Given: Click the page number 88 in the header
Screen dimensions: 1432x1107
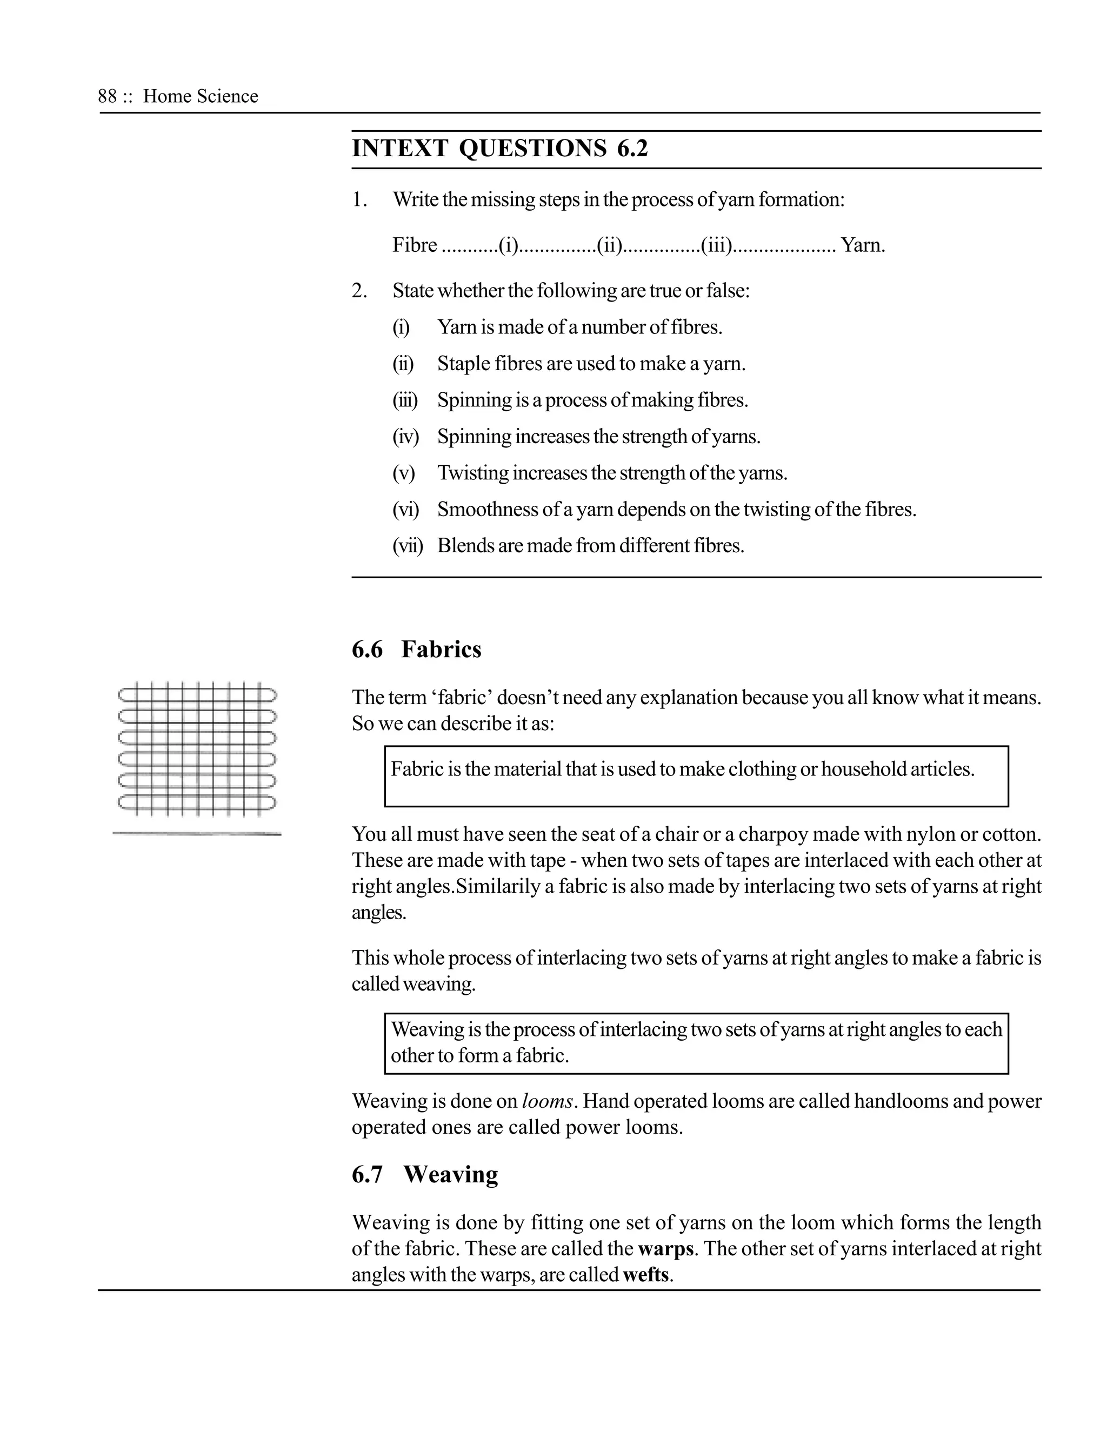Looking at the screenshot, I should [107, 96].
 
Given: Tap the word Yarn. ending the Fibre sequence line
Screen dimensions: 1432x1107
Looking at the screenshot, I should [863, 245].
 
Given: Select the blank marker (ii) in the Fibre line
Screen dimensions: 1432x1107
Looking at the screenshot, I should [610, 245].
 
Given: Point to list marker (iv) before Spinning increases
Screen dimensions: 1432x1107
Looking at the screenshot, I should [405, 437].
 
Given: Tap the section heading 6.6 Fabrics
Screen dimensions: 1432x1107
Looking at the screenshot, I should [416, 649].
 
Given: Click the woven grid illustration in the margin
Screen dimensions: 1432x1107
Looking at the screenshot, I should [197, 749].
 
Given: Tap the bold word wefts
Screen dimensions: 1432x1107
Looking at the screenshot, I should [646, 1275].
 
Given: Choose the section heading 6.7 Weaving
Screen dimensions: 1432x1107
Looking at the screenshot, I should [424, 1174].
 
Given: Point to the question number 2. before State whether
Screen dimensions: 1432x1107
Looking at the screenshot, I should [359, 291].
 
